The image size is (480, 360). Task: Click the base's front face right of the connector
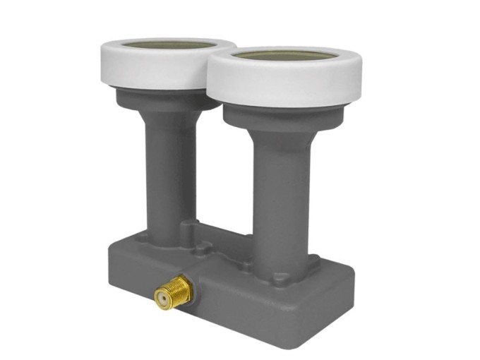tap(268, 311)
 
